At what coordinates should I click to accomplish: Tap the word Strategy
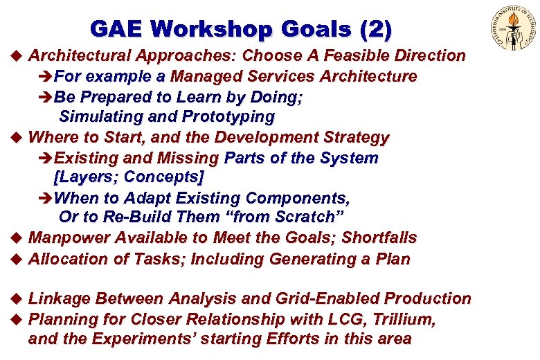point(352,137)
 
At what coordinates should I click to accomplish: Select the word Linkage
point(60,299)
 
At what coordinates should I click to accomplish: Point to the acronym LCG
point(356,319)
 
